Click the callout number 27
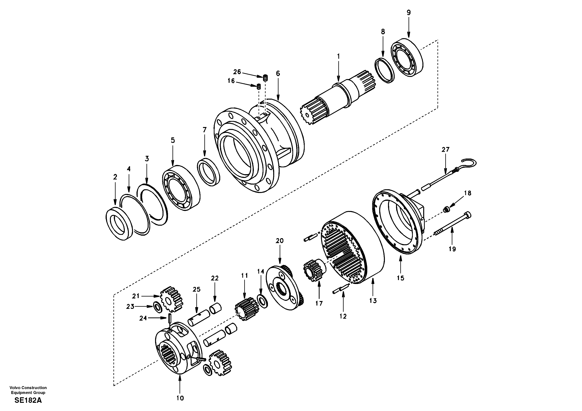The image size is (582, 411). coord(445,150)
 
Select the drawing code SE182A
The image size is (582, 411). coord(28,400)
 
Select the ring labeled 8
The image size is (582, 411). coord(384,70)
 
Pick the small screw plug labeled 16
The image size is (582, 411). coord(259,87)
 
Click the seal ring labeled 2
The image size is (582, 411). coord(119,224)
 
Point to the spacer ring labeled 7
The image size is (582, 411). coord(208,172)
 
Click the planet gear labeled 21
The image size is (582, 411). coord(172,300)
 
